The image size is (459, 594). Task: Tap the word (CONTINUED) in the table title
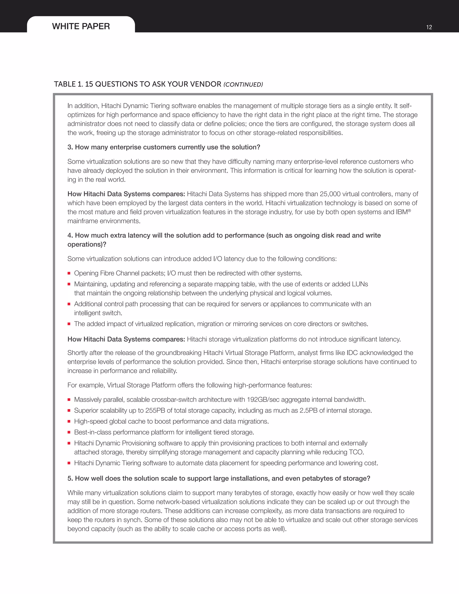[243, 85]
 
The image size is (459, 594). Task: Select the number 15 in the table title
[89, 84]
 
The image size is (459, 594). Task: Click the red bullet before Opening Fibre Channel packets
[69, 273]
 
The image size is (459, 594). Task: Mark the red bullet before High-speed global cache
[69, 422]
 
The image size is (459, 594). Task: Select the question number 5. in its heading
[70, 478]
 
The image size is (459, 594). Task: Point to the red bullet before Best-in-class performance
[69, 432]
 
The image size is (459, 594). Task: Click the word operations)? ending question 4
[87, 244]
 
